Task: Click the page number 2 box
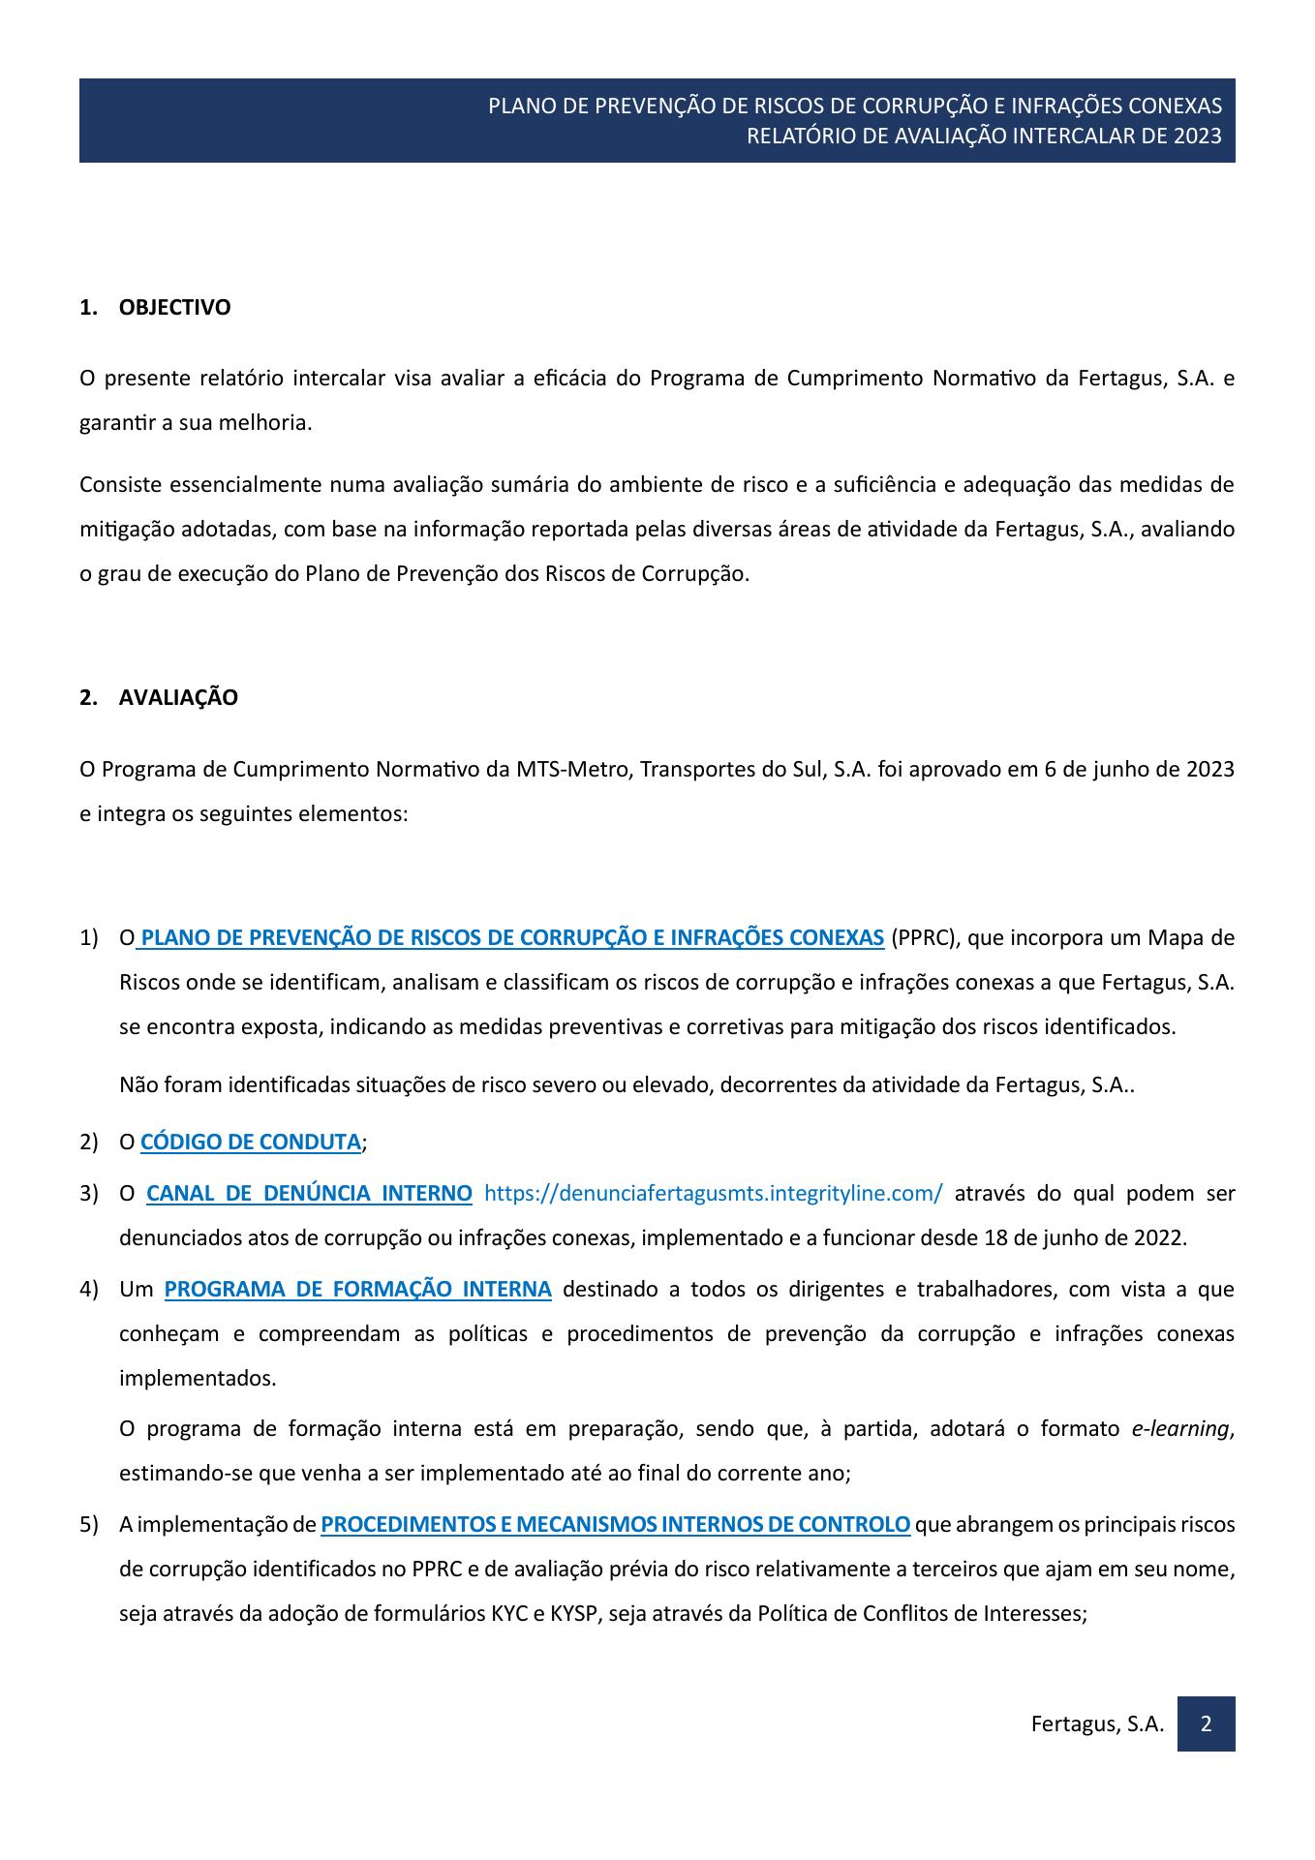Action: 1206,1723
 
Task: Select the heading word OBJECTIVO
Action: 174,308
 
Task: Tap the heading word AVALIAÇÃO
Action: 178,698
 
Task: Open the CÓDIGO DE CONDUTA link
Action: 251,1142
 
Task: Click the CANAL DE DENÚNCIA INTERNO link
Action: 309,1193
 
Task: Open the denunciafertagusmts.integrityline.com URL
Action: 713,1193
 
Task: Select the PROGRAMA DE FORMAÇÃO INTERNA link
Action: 357,1289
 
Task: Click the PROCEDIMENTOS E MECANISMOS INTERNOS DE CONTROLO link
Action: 615,1524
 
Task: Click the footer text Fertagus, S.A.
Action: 1097,1723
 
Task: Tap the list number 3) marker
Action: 89,1193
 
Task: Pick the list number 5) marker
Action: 89,1524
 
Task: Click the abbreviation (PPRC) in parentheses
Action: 924,937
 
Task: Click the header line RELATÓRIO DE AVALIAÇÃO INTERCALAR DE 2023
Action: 984,136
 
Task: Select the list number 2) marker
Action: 89,1142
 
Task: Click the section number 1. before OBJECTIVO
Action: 88,308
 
